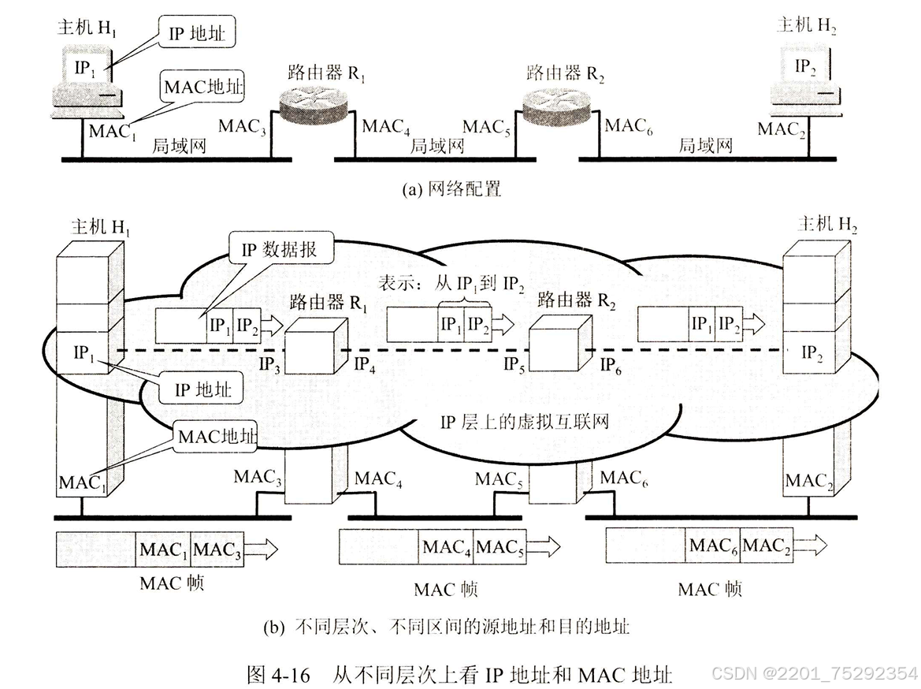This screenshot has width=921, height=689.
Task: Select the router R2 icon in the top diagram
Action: [x=558, y=106]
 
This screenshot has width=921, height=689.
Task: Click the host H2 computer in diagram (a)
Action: [x=805, y=74]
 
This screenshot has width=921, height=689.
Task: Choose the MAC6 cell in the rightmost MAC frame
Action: [x=713, y=546]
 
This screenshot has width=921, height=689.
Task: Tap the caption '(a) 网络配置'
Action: [x=451, y=189]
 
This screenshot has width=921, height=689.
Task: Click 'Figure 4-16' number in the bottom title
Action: [x=272, y=675]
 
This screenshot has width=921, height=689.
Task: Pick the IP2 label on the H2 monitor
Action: [x=805, y=68]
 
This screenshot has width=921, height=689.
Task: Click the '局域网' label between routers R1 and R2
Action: [x=437, y=146]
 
